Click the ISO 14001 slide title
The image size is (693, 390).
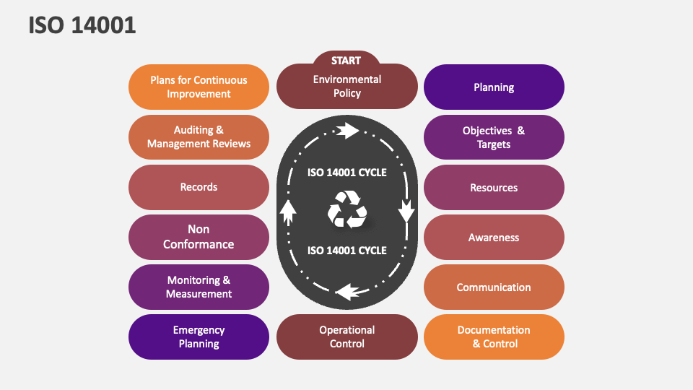82,25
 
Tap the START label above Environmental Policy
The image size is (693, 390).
346,61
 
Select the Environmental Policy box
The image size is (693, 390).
347,86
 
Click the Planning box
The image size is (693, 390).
494,87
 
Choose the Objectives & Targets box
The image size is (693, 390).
494,137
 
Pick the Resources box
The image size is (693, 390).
494,188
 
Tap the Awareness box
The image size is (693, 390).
494,238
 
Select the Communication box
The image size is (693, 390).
494,287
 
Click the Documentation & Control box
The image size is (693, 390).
494,337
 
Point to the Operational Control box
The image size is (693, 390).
347,337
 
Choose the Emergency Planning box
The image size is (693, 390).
199,337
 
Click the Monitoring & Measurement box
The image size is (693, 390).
199,287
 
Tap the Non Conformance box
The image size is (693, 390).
199,238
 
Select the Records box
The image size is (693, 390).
199,188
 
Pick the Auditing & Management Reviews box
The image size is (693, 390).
199,137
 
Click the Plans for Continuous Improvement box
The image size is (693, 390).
199,87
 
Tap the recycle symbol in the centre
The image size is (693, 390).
347,209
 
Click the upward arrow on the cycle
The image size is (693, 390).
288,212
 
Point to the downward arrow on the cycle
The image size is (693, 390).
406,210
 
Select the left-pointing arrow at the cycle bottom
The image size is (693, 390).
347,292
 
